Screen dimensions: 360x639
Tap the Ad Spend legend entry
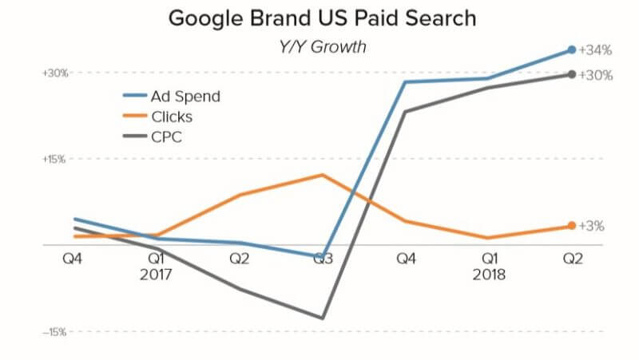pyautogui.click(x=185, y=97)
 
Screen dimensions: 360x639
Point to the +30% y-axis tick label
pyautogui.click(x=56, y=73)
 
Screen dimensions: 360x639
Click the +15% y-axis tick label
pyautogui.click(x=56, y=159)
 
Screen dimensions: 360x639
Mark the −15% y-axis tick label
pyautogui.click(x=56, y=331)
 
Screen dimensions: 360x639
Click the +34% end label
pyautogui.click(x=596, y=50)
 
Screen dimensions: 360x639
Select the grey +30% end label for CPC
pyautogui.click(x=596, y=76)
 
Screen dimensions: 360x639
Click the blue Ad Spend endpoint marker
pyautogui.click(x=571, y=49)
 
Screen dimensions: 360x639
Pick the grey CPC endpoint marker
pyautogui.click(x=571, y=74)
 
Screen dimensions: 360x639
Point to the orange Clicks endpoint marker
pyautogui.click(x=571, y=226)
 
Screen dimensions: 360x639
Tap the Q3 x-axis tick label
pyautogui.click(x=323, y=259)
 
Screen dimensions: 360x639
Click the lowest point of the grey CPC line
pyautogui.click(x=322, y=318)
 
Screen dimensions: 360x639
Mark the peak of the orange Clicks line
pyautogui.click(x=322, y=175)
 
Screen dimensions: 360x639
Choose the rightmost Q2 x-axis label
pyautogui.click(x=572, y=259)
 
